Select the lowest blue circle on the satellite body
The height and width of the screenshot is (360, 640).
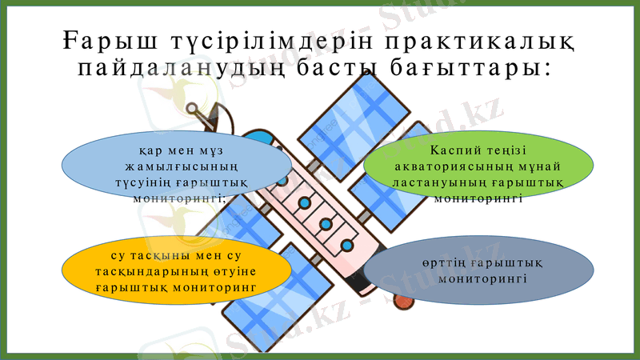346,244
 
